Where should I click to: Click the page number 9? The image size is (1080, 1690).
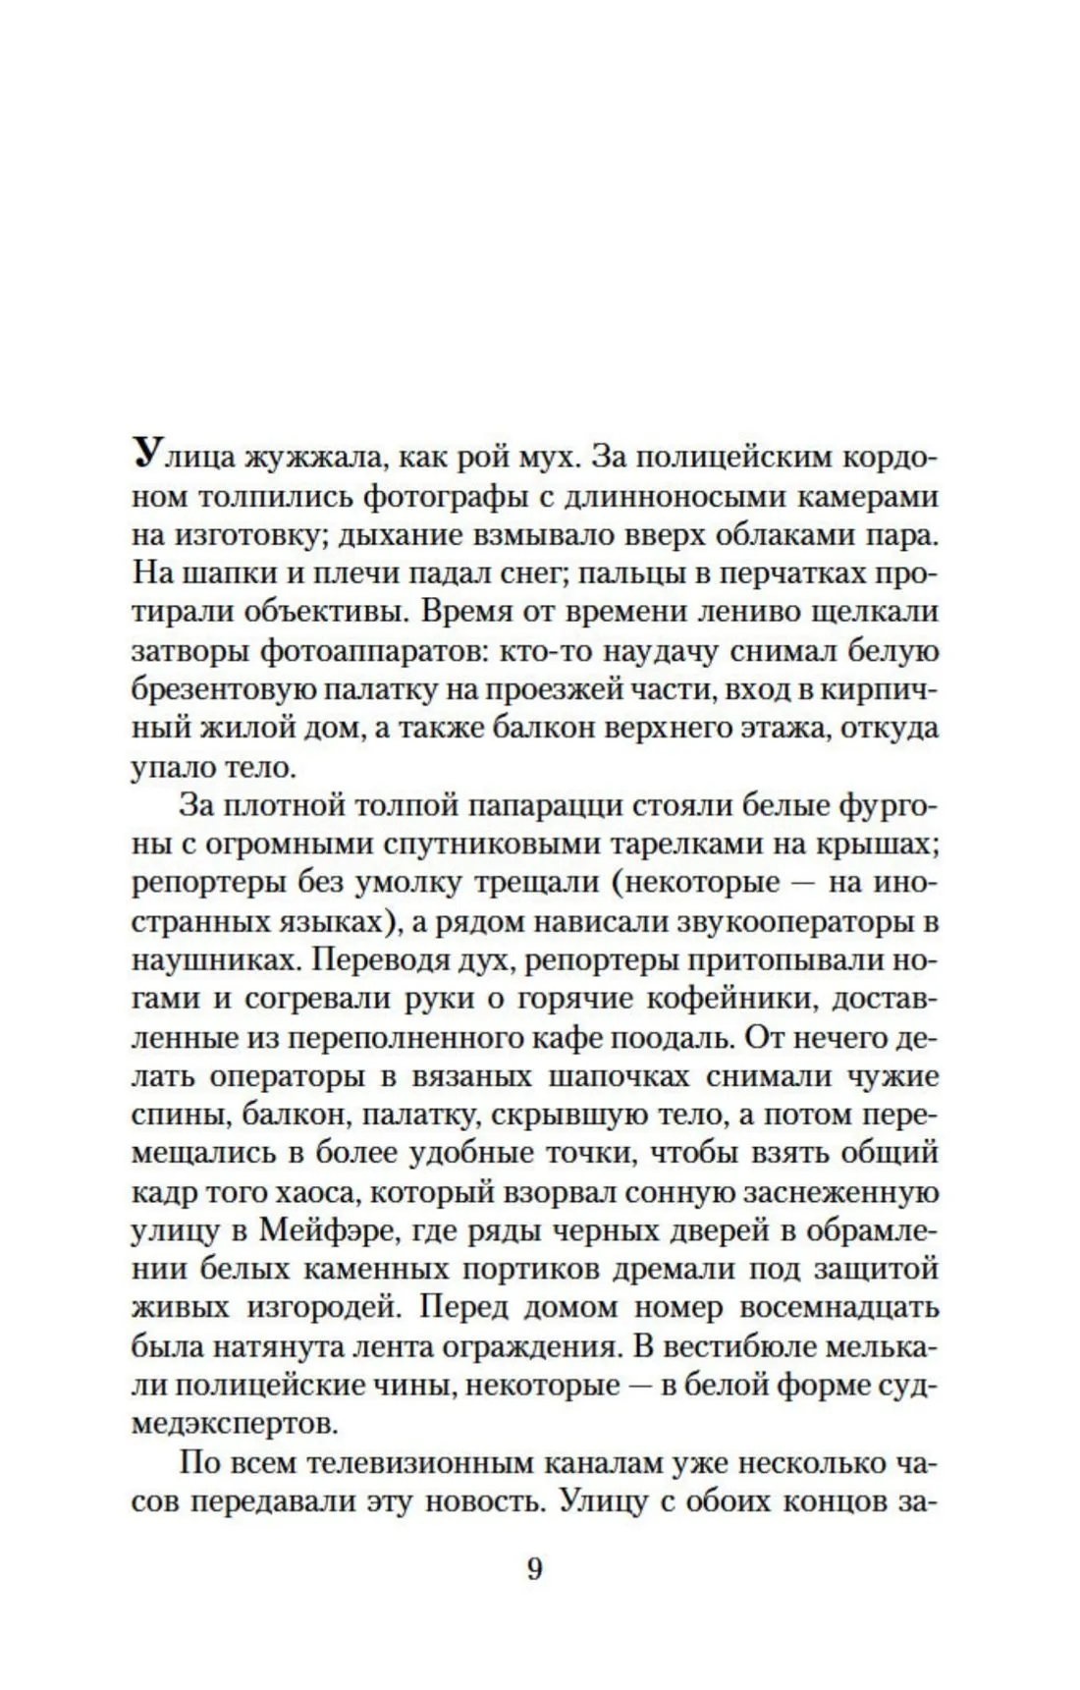click(534, 1569)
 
